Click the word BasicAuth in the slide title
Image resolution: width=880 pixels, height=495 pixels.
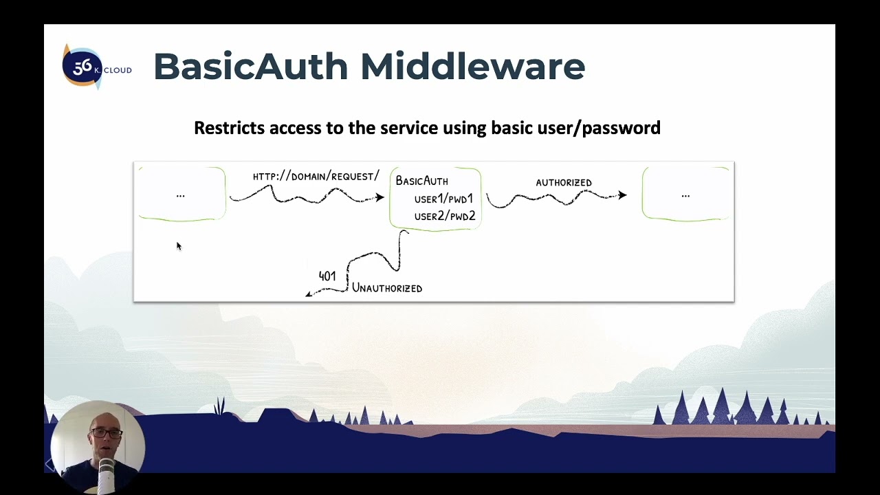tap(250, 67)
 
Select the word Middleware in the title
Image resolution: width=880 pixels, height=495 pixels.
tap(472, 67)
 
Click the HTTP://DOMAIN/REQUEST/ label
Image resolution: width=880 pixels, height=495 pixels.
tap(316, 177)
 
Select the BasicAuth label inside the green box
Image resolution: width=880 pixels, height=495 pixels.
tap(421, 181)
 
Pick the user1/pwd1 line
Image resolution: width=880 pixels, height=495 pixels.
tap(443, 199)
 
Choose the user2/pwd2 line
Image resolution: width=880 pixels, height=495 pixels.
tap(444, 217)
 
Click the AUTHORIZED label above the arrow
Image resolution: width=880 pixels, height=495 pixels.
tap(563, 183)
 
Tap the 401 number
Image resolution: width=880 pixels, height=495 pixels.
tap(327, 276)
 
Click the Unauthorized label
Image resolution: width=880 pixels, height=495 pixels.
tap(387, 289)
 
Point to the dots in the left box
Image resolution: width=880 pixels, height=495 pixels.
tap(181, 196)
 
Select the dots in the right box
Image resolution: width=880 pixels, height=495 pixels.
tap(685, 196)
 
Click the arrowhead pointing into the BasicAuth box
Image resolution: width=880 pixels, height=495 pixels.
tap(379, 198)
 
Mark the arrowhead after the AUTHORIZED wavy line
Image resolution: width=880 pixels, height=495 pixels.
tap(622, 195)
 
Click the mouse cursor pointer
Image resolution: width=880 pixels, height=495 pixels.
tap(178, 245)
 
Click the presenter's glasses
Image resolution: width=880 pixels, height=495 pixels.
tap(106, 434)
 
